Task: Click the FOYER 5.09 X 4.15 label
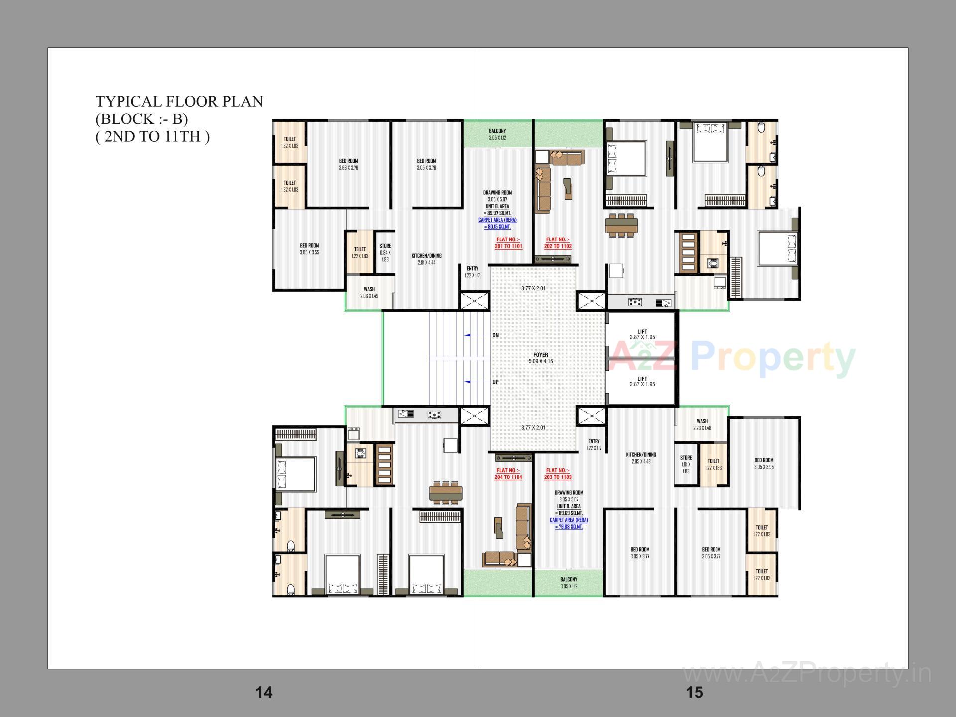coord(540,358)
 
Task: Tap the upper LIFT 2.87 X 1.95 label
coord(642,334)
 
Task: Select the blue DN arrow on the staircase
coord(471,335)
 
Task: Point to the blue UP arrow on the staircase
coord(471,382)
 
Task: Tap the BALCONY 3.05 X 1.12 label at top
coord(497,134)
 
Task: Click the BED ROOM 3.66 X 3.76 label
coord(348,164)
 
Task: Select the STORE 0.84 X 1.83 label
coord(385,252)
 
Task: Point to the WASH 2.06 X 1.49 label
coord(369,292)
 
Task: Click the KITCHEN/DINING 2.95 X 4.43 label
coord(641,458)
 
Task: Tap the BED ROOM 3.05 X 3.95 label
coord(764,463)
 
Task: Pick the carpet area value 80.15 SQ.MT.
coord(497,227)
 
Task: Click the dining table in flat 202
coord(621,225)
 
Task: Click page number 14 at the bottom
coord(264,692)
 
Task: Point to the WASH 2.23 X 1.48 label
coord(702,424)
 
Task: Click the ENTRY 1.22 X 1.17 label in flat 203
coord(594,444)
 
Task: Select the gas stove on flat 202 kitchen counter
coord(635,302)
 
